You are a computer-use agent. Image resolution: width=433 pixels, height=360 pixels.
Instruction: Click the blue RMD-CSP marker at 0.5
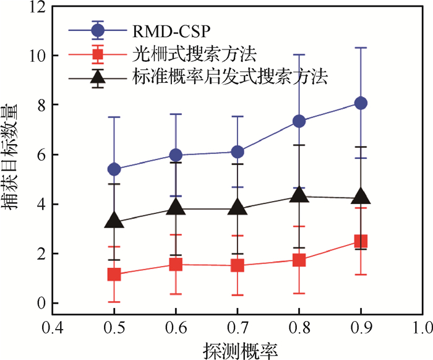[114, 169]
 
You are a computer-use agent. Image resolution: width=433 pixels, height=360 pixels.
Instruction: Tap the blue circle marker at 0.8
[299, 121]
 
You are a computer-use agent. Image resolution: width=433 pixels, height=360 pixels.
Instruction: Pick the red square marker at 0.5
[114, 275]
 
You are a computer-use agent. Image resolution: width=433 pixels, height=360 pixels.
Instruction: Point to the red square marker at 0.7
[238, 266]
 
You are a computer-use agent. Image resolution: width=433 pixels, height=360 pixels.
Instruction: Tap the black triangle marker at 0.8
[299, 195]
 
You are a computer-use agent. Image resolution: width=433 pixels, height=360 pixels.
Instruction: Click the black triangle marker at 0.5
[114, 220]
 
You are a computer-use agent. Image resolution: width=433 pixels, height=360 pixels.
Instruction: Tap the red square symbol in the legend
[97, 53]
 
